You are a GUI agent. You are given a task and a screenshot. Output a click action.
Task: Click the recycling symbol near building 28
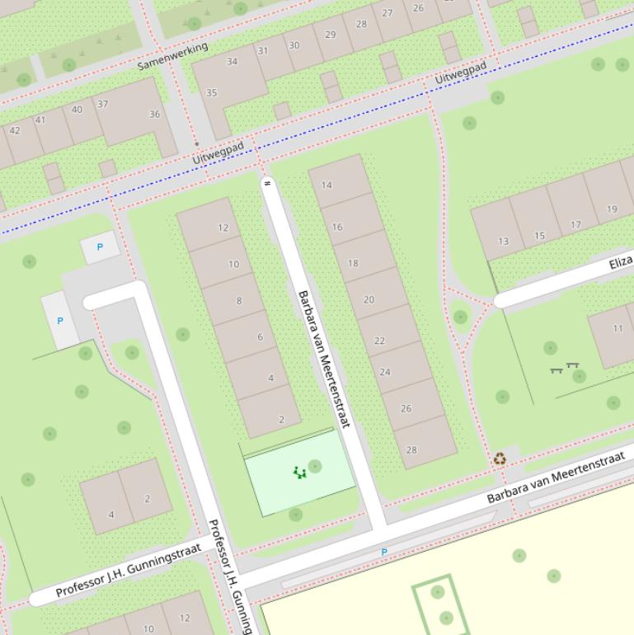pos(500,459)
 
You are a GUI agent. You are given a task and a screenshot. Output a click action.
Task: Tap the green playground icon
pos(299,473)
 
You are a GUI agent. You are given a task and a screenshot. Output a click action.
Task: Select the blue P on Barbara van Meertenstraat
pos(383,552)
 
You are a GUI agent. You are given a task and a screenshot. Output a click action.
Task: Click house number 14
pos(326,185)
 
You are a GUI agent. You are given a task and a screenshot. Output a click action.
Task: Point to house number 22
pos(379,341)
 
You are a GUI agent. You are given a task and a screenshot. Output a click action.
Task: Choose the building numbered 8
pos(239,300)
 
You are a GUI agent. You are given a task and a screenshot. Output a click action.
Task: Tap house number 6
pos(260,336)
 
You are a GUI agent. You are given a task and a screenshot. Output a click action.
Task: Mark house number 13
pos(503,242)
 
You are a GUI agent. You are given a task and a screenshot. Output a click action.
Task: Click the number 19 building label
pos(612,209)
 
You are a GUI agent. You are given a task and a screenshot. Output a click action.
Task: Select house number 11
pos(618,328)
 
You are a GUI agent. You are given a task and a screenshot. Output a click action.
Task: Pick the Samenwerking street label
pos(172,56)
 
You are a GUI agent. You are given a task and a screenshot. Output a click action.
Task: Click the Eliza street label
pos(621,263)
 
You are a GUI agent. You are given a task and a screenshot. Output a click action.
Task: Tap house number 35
pos(212,92)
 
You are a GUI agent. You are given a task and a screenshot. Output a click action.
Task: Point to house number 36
pos(154,114)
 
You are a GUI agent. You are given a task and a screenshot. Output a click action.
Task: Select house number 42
pos(15,130)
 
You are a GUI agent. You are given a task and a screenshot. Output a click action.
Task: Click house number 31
pos(262,51)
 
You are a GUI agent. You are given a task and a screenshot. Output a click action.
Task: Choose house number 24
pos(385,372)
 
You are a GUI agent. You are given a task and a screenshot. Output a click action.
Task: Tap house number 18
pos(353,263)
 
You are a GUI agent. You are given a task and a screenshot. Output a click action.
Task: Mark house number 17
pos(575,224)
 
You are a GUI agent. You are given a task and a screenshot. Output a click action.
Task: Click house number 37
pos(102,104)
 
